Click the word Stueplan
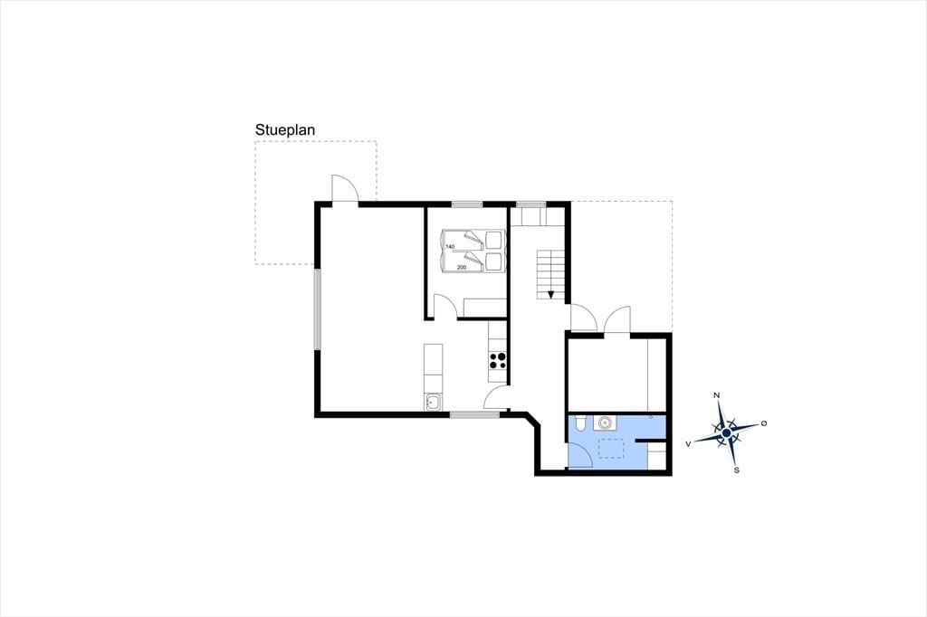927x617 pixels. (x=285, y=130)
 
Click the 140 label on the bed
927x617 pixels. (x=450, y=246)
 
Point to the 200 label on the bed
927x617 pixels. (x=462, y=267)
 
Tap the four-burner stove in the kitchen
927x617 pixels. (x=498, y=360)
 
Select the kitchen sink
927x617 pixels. (x=434, y=402)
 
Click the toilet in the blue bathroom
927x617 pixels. (x=580, y=422)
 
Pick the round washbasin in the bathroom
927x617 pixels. (x=605, y=423)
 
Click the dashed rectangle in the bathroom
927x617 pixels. (x=611, y=449)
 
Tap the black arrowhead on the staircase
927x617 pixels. (x=551, y=294)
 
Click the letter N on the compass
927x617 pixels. (x=717, y=395)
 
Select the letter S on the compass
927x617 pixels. (x=737, y=470)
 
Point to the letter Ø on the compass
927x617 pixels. (x=764, y=423)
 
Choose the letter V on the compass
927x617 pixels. (x=688, y=443)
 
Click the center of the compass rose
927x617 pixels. (x=727, y=434)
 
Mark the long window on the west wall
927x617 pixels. (x=318, y=309)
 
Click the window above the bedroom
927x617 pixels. (x=468, y=204)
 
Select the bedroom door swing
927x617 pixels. (x=445, y=307)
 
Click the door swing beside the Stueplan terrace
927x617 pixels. (x=345, y=188)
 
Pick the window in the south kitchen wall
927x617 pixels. (x=474, y=414)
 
